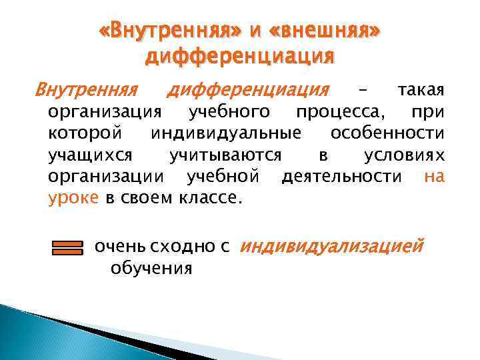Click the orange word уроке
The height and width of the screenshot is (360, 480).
click(73, 198)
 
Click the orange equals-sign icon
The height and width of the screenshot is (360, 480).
click(67, 249)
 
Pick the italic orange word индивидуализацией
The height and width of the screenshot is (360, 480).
click(331, 247)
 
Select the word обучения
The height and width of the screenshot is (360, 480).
click(151, 269)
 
